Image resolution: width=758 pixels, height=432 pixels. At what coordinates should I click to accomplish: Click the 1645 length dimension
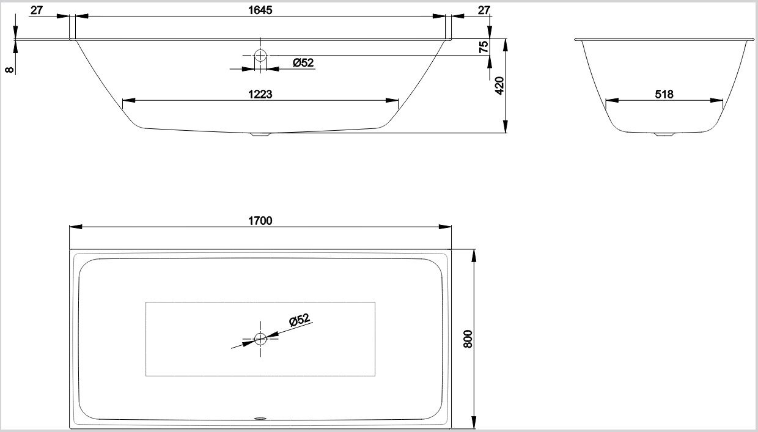(x=260, y=10)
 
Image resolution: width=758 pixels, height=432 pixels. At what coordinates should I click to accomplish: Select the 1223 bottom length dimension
(x=260, y=94)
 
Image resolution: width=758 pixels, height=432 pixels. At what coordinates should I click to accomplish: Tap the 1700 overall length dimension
(x=260, y=221)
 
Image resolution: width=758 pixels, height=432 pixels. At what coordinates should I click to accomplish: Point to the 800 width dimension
(x=468, y=339)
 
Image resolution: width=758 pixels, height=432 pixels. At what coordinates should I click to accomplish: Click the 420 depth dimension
(x=499, y=86)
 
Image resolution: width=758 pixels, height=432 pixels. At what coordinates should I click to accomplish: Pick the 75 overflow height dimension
(x=484, y=46)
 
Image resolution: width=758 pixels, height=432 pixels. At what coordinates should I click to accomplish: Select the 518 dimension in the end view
(x=664, y=94)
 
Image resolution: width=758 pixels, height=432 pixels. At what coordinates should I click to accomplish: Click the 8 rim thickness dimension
(x=10, y=69)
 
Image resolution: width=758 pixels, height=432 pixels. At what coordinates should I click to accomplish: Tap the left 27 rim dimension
(x=37, y=10)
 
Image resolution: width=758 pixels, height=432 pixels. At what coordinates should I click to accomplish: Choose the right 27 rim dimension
(x=484, y=10)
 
